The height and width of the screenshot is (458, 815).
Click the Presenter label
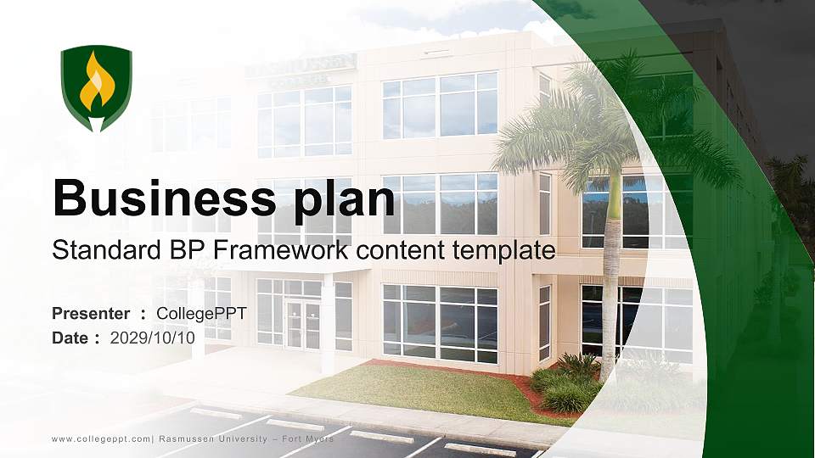(x=91, y=314)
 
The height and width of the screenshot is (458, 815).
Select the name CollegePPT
(x=201, y=314)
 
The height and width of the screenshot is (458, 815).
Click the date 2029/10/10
(x=153, y=338)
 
